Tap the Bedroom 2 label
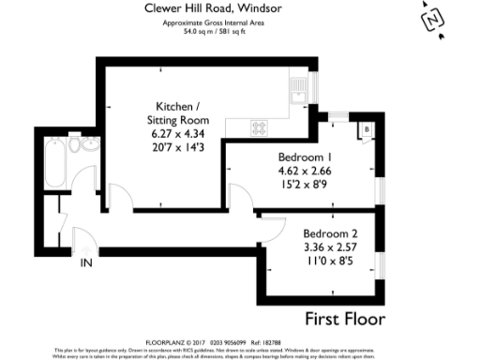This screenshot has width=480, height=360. pyautogui.click(x=328, y=233)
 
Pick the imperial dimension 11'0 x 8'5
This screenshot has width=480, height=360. pyautogui.click(x=328, y=262)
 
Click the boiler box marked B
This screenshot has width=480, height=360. pyautogui.click(x=367, y=127)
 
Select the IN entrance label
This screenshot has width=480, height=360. pyautogui.click(x=86, y=262)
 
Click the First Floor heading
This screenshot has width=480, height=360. pyautogui.click(x=346, y=318)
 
